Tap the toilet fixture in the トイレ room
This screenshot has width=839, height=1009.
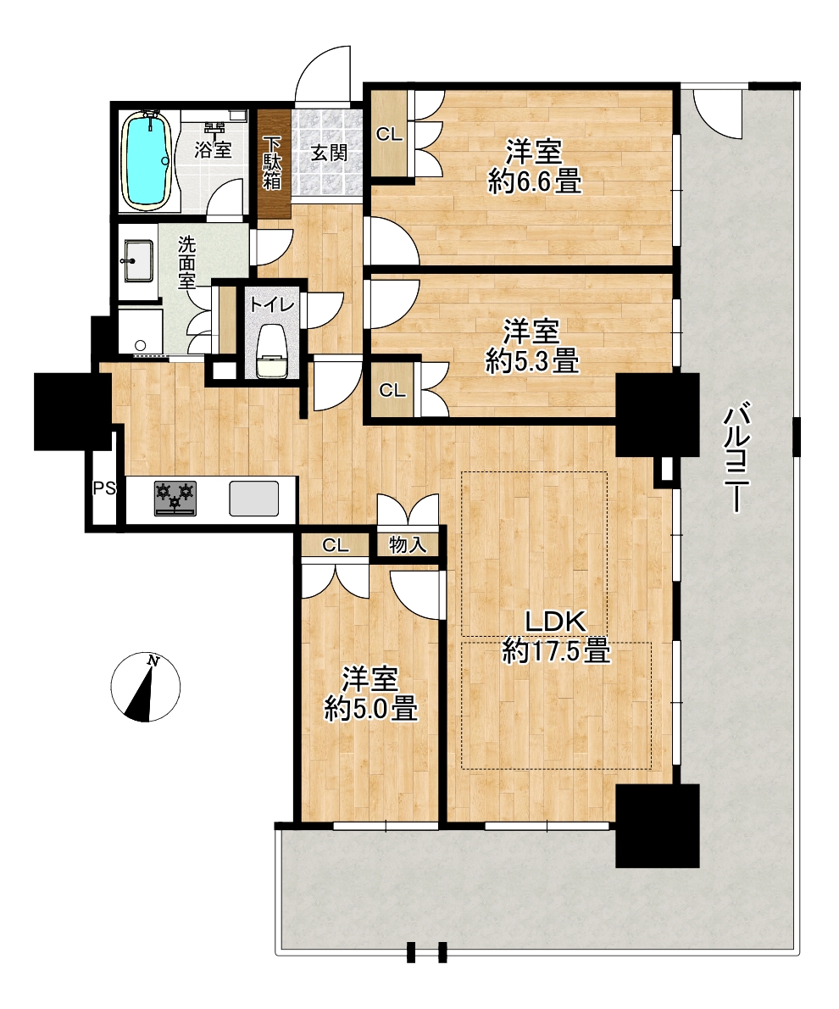coord(271,352)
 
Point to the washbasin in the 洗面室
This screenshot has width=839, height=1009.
coord(138,260)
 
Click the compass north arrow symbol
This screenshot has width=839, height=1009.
coord(146,688)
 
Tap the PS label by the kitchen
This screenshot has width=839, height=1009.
coord(104,488)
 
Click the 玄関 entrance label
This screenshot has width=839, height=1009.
coord(330,153)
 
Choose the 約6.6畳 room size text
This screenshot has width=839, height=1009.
coord(535,181)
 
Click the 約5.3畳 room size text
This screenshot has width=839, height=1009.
coord(532,361)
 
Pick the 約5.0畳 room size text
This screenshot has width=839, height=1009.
coord(370,709)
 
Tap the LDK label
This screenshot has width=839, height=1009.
coord(555,622)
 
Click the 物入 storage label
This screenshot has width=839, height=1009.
coord(408,545)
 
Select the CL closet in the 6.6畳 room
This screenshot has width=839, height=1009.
coord(389,135)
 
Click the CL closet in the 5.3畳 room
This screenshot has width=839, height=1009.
coord(392,391)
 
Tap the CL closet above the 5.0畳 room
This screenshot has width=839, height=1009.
coord(336,546)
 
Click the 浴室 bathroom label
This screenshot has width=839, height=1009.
coord(213,150)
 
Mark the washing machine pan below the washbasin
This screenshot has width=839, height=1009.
coord(140,331)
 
